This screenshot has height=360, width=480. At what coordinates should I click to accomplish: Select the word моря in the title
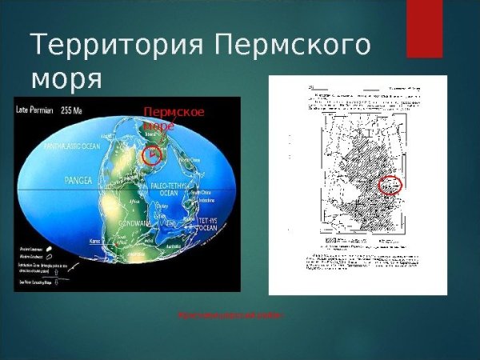click(67, 79)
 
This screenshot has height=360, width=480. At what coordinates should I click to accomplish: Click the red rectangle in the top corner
click(424, 29)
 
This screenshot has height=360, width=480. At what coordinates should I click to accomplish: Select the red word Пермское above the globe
click(174, 112)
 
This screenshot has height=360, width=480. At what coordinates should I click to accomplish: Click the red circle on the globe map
click(152, 154)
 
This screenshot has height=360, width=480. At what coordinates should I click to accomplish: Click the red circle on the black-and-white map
click(389, 185)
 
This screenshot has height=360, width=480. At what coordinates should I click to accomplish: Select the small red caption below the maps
click(230, 315)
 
